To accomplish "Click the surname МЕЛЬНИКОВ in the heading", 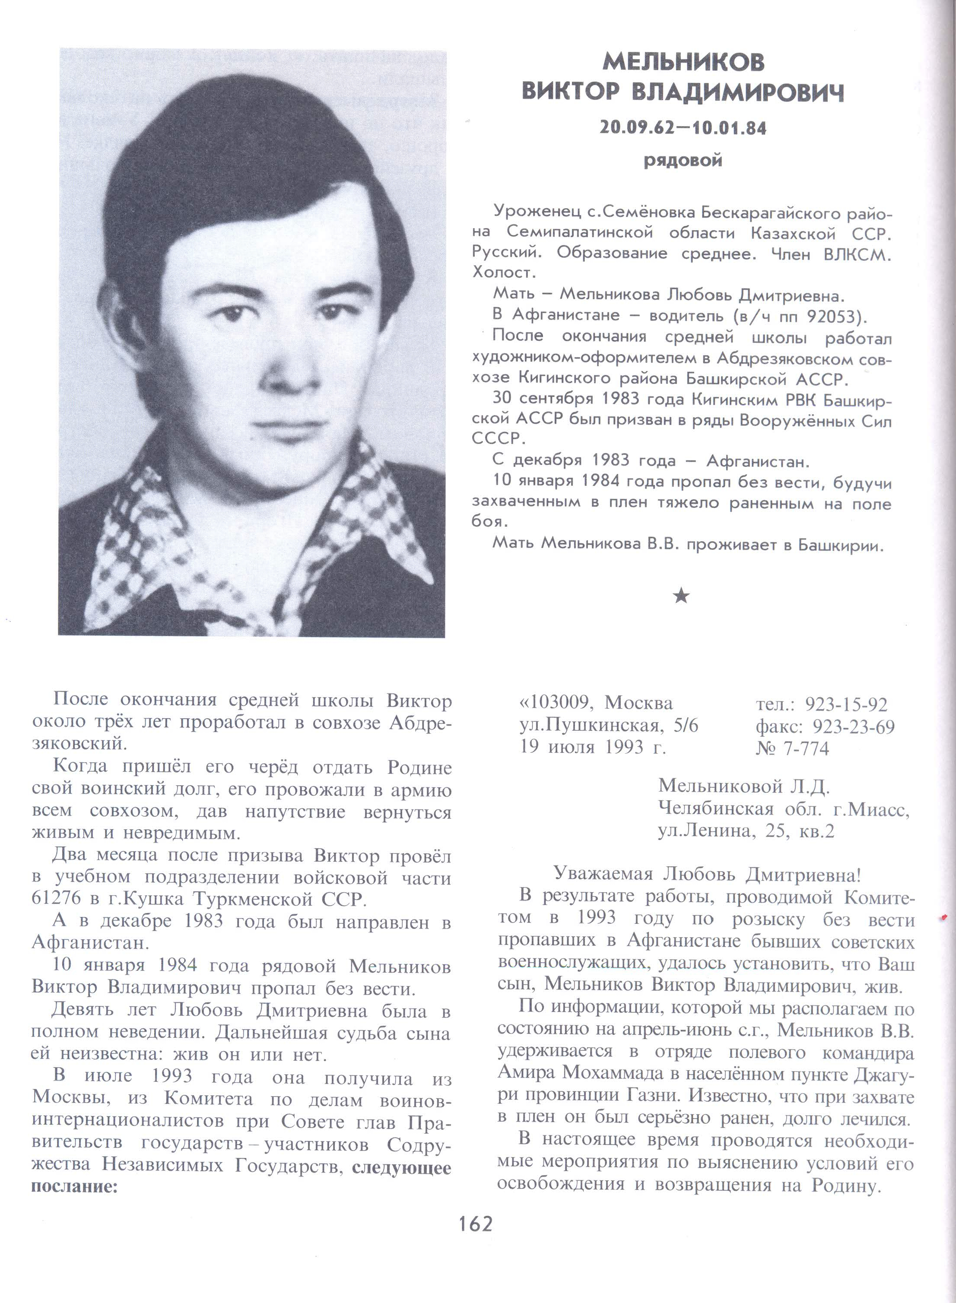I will [683, 62].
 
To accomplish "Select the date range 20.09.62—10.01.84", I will [683, 128].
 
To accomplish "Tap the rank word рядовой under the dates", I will [683, 160].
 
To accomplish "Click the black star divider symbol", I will [682, 596].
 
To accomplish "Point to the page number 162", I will [476, 1224].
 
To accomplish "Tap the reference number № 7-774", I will [792, 749].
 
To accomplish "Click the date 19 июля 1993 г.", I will [593, 747].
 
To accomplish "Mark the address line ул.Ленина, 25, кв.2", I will [746, 831].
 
